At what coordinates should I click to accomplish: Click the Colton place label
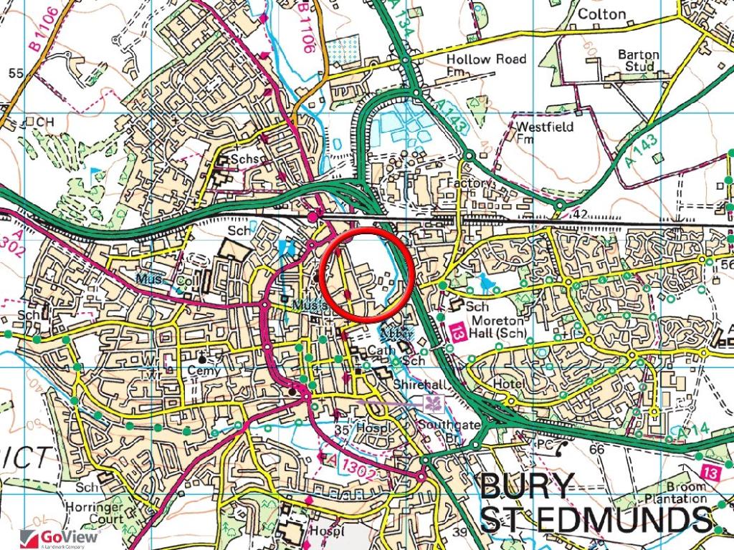coord(601,14)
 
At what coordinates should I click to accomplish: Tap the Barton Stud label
coord(638,61)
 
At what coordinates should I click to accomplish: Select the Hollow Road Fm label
coord(485,65)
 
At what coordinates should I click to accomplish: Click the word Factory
coord(467,183)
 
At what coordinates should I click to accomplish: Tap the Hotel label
coord(509,385)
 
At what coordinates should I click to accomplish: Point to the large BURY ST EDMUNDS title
coord(595,501)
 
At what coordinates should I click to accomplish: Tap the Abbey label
coord(395,334)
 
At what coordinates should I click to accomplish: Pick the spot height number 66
coord(596,449)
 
